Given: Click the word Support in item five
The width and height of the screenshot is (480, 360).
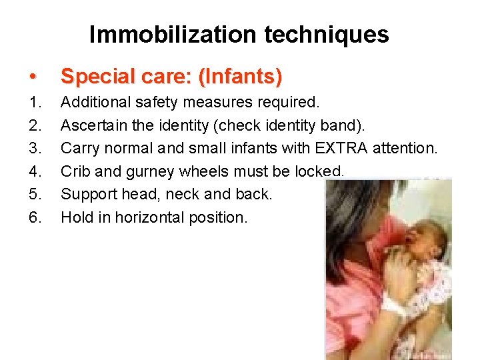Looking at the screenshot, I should (85, 194).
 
